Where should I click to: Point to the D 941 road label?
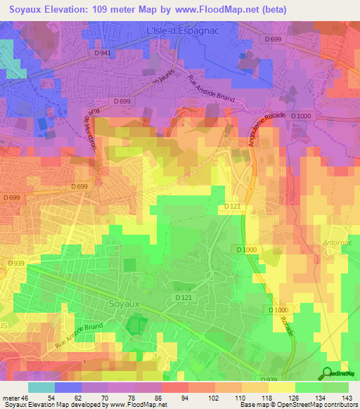point(103,53)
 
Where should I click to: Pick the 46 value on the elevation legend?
point(27,398)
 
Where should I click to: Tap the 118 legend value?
point(266,398)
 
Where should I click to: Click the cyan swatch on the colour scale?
point(41,387)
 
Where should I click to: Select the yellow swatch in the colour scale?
point(281,387)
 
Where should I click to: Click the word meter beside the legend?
point(11,398)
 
